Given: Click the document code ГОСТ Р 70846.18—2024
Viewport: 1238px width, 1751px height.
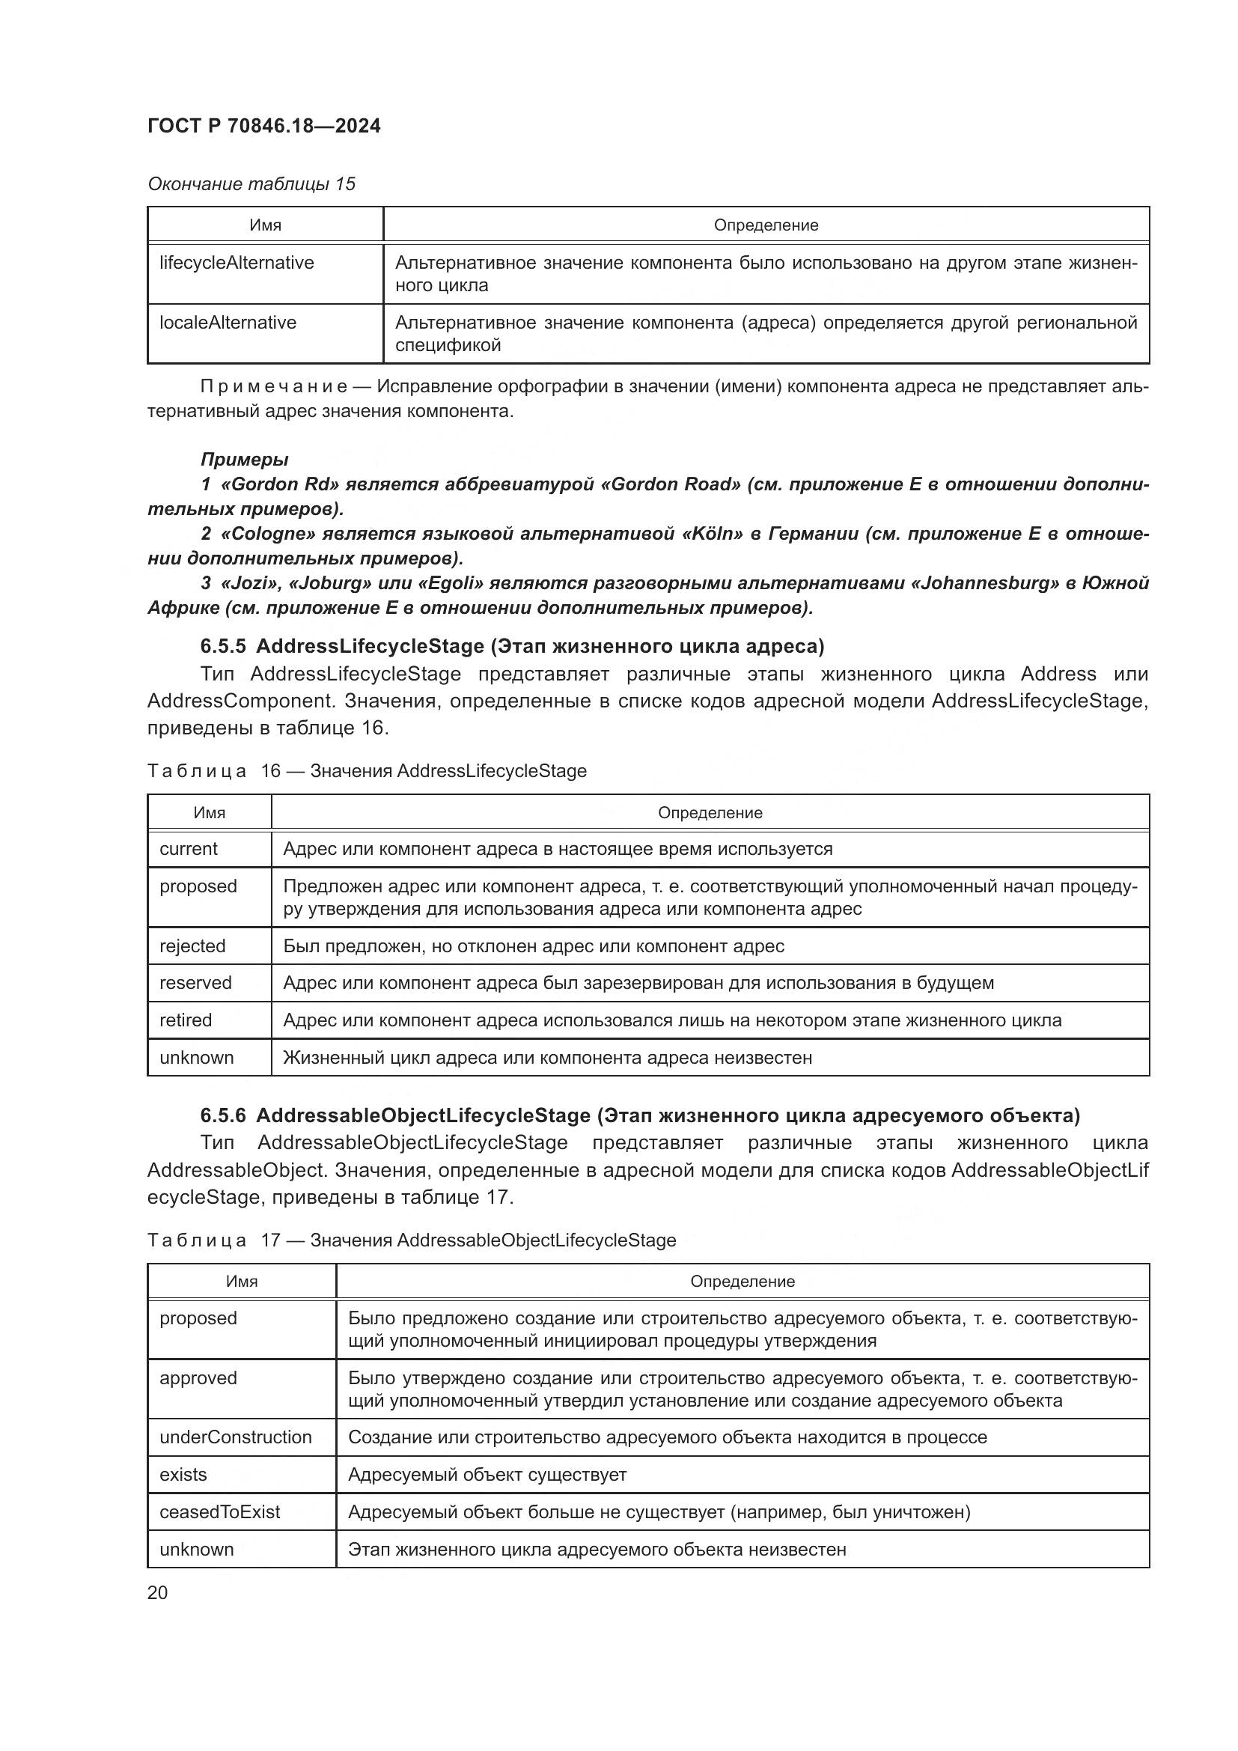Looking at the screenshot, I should [263, 126].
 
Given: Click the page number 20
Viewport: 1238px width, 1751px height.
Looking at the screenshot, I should [157, 1592].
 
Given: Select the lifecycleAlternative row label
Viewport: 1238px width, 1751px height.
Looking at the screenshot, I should [237, 263].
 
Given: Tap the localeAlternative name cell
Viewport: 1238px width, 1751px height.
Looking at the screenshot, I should [228, 323].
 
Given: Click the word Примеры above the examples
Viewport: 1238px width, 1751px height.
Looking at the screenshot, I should [244, 459].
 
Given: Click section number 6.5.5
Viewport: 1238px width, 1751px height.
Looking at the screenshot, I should [222, 647].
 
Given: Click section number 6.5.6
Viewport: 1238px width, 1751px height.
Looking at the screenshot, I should [222, 1115].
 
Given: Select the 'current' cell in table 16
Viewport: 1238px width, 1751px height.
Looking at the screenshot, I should [189, 849].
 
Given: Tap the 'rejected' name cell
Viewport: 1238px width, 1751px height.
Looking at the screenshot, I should [192, 946].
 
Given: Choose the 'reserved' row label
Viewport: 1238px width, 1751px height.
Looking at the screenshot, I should [195, 983].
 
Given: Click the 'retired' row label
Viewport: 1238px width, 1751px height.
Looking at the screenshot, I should [185, 1020].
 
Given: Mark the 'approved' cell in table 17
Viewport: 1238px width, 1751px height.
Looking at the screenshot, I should [198, 1378].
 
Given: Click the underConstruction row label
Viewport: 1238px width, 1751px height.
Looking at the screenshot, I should [236, 1437].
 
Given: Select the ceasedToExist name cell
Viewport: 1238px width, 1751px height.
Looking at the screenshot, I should [219, 1512].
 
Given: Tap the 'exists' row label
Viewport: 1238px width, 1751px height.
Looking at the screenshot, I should [183, 1475].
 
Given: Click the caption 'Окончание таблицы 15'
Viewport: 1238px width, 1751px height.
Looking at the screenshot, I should [251, 184].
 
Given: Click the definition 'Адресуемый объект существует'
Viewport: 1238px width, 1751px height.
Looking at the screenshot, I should [487, 1475].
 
